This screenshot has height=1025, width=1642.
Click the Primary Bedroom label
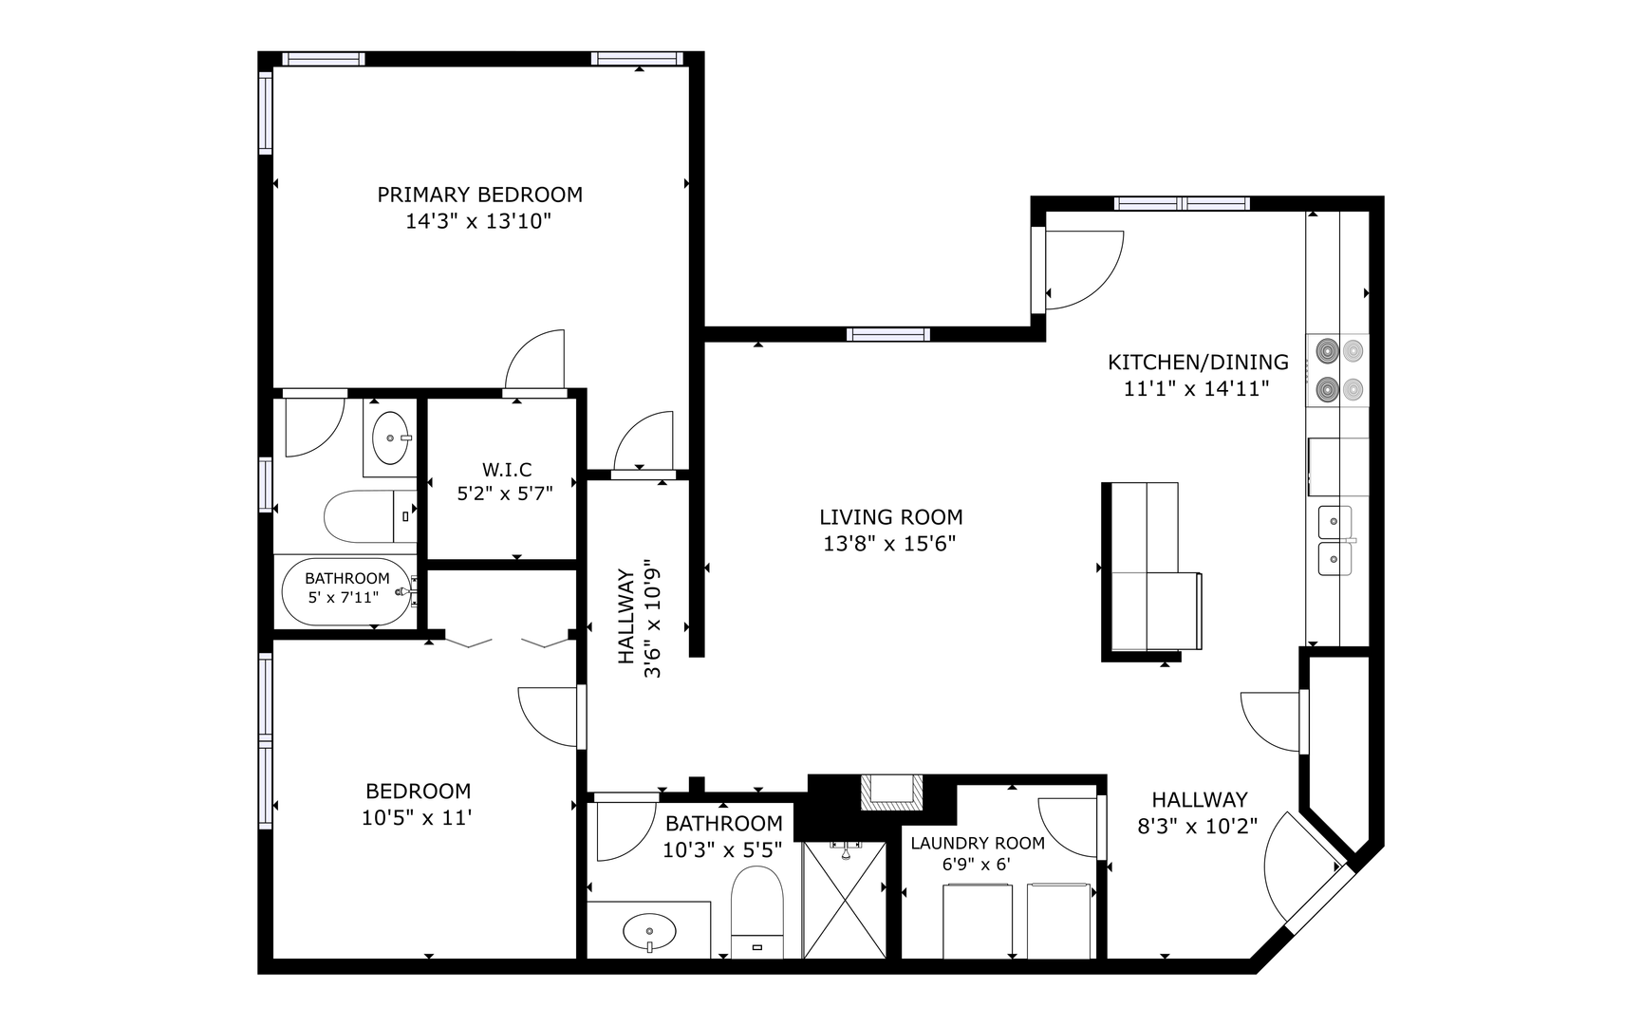point(479,195)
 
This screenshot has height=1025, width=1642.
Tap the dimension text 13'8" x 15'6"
point(889,544)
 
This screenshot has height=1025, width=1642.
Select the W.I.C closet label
point(507,470)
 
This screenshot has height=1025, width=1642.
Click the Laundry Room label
point(978,843)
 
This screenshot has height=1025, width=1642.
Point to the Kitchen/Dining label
point(1198,362)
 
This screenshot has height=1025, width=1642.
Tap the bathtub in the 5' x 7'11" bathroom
point(348,591)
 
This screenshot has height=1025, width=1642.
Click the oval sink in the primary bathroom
point(389,438)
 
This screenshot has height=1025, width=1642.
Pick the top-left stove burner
point(1326,351)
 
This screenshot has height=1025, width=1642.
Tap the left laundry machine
point(978,921)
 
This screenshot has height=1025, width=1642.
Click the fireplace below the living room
point(890,792)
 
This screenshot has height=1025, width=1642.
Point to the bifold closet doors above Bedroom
point(508,643)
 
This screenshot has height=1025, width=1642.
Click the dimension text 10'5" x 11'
point(417,817)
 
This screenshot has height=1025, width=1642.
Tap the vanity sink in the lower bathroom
point(649,929)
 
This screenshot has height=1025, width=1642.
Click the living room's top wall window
point(888,334)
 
